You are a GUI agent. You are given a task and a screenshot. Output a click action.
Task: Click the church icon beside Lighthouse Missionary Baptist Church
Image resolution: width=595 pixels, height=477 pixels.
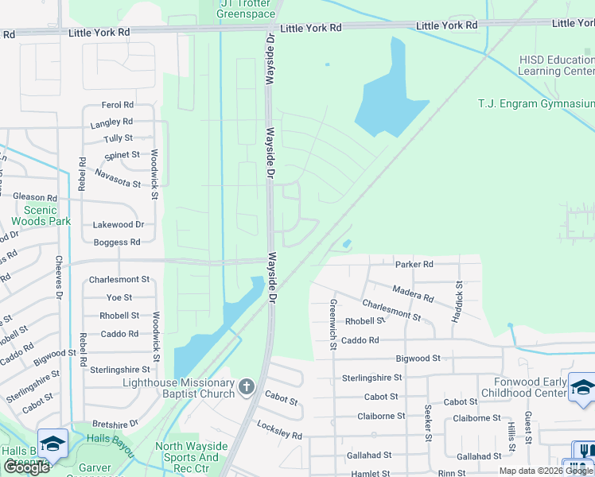click(247, 387)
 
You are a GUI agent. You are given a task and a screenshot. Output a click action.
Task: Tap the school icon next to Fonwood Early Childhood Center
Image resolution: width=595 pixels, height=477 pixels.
click(582, 387)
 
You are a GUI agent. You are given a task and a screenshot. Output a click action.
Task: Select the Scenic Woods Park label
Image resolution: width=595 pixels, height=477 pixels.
click(41, 215)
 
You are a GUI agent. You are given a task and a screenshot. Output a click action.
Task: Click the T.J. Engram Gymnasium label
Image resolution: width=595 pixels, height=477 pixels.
click(536, 104)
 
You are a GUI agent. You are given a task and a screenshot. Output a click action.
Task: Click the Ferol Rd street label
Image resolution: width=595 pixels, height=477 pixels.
click(118, 105)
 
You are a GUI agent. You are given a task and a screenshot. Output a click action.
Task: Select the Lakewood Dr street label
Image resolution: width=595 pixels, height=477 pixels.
click(118, 225)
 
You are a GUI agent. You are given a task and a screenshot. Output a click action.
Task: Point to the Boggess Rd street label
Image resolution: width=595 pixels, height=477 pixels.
click(117, 242)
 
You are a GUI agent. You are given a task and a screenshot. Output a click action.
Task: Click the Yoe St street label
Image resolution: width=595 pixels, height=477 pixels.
click(119, 297)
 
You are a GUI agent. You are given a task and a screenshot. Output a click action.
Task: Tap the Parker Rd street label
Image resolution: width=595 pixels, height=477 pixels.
click(414, 264)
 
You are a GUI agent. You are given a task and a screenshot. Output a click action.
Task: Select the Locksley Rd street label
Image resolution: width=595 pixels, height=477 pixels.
click(279, 431)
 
